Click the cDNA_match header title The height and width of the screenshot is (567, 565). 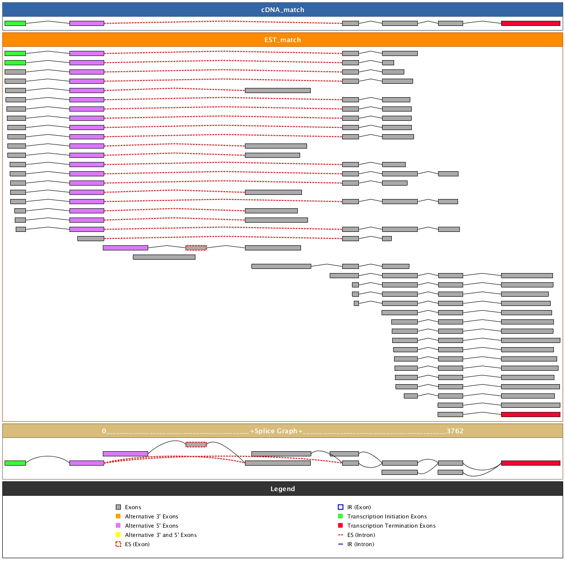282,10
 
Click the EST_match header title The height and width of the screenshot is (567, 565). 282,40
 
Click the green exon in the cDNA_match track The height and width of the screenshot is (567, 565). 15,23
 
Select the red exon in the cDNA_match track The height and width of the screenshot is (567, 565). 530,23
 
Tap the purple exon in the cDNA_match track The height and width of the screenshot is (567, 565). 87,23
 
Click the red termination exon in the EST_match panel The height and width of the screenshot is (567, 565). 530,414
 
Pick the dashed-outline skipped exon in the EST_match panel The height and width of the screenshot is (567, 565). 196,248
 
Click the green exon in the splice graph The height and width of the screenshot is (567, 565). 15,463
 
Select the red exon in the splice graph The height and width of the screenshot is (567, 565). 530,463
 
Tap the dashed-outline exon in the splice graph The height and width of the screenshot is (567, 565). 196,444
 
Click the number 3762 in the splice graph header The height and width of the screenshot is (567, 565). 455,431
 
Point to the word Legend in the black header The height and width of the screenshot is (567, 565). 282,489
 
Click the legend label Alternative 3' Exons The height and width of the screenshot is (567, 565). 151,517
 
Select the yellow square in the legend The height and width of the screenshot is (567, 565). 118,535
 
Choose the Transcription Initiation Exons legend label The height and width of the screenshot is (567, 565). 387,517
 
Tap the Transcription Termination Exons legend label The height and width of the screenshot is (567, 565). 391,526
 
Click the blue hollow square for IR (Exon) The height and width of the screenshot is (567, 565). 340,507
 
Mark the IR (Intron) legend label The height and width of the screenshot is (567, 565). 361,544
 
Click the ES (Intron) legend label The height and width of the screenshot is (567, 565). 361,535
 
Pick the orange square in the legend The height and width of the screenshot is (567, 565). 118,517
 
